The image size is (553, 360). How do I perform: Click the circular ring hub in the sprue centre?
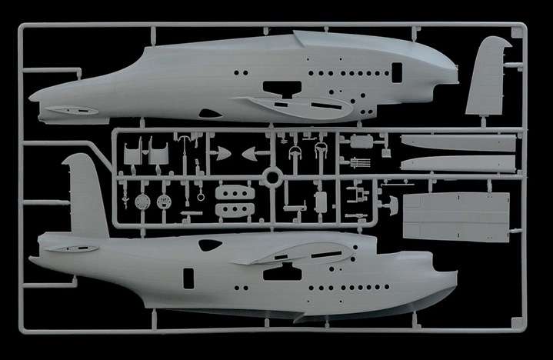pos(270,177)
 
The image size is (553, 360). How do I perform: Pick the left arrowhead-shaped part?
pos(222,154)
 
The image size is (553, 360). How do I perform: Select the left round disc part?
pos(141,202)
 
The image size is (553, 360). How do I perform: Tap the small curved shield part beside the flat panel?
pos(392,203)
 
